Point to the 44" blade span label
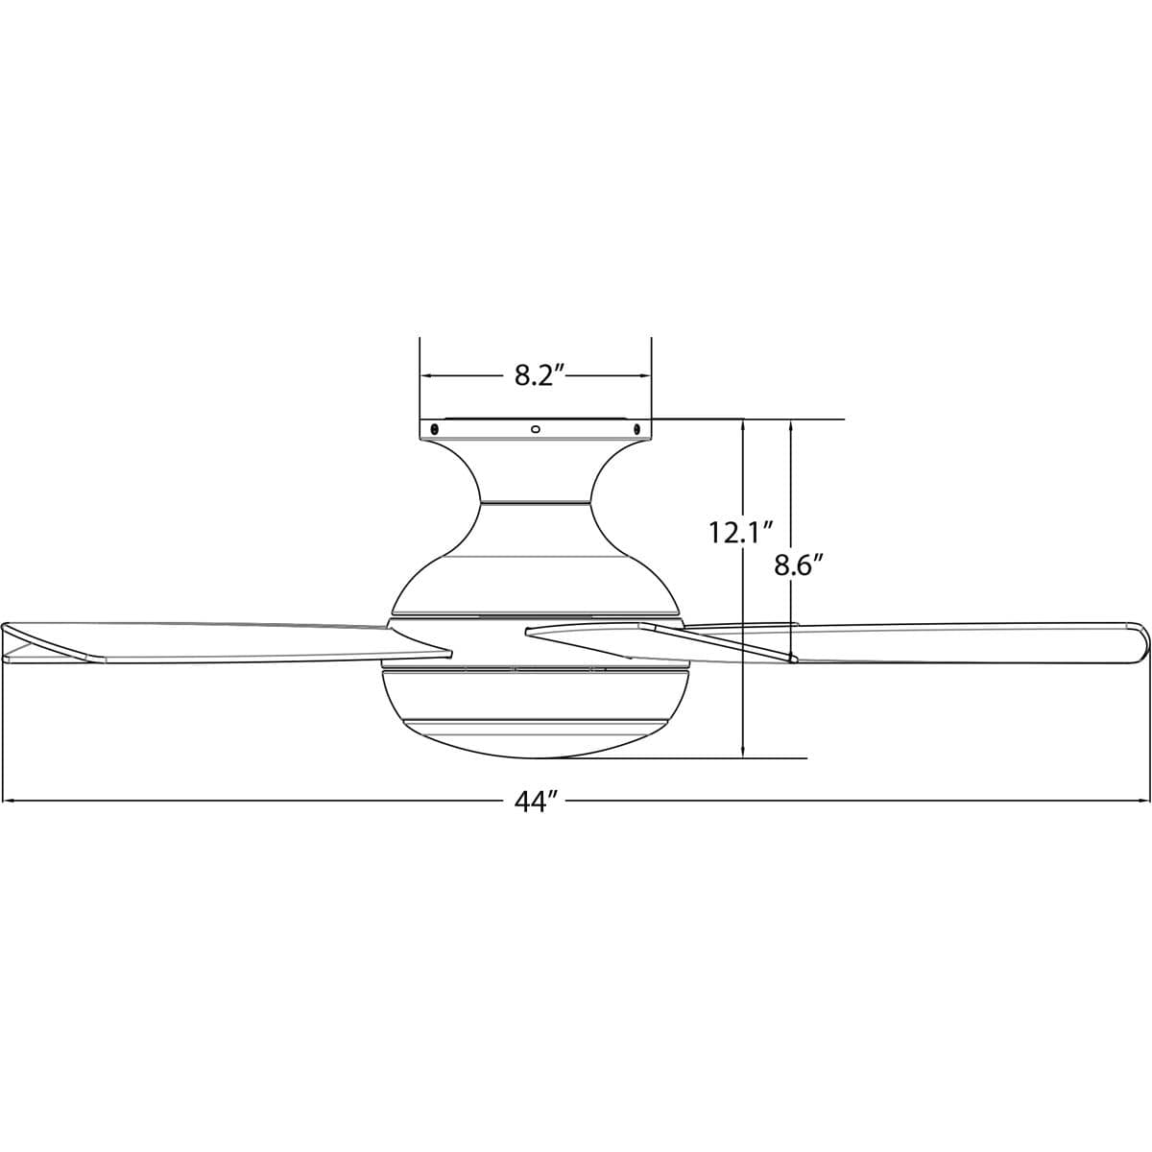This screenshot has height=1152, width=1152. [x=536, y=802]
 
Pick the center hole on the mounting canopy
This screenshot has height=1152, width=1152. [x=536, y=429]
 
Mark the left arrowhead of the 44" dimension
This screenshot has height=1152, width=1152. [x=10, y=801]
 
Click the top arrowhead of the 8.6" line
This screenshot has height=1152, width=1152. [x=791, y=425]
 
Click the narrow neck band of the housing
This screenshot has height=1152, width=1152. [x=535, y=501]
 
